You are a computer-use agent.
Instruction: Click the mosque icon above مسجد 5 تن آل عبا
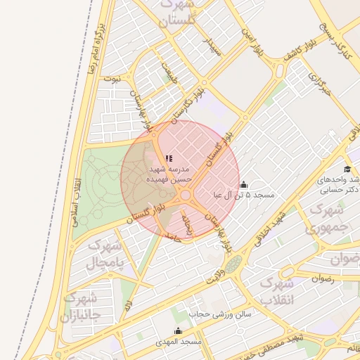(x=243, y=186)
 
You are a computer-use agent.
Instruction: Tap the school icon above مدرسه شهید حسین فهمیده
(x=168, y=159)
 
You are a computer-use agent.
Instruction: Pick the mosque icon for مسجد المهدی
(x=178, y=331)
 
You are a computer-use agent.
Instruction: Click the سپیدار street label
(x=212, y=46)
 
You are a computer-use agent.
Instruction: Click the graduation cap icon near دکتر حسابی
(x=347, y=169)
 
